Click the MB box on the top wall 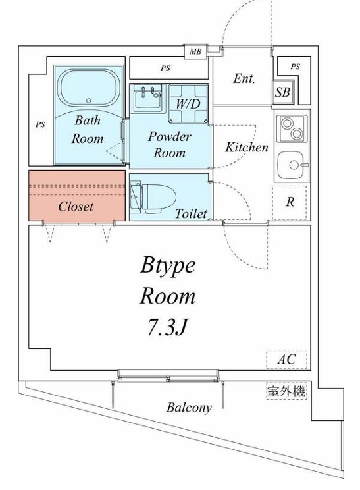(195, 51)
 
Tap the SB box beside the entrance (282, 93)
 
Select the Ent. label (244, 78)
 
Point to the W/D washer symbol (188, 104)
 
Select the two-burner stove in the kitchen (292, 128)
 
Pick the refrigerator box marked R (290, 202)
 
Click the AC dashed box (286, 360)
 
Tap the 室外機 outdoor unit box (286, 391)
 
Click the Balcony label (189, 408)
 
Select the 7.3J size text (167, 327)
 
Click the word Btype (168, 265)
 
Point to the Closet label (76, 206)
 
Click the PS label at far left (40, 123)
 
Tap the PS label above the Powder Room (165, 67)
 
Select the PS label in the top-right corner (295, 67)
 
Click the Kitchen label (247, 148)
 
